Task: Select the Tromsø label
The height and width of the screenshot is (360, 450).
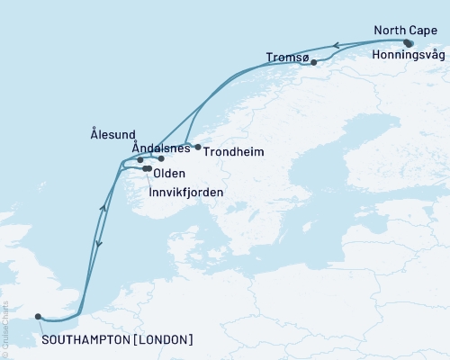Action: click(x=288, y=58)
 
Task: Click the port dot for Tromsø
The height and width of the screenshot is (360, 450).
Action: click(x=313, y=62)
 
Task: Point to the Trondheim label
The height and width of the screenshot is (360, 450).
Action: click(x=233, y=152)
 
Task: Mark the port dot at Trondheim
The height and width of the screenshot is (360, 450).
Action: click(x=198, y=147)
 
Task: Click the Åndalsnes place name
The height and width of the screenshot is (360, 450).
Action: click(x=160, y=147)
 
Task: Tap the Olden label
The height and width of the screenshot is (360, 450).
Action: click(x=170, y=173)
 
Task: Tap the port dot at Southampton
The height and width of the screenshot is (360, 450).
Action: click(x=38, y=316)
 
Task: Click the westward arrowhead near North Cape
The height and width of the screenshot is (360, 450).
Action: click(x=336, y=44)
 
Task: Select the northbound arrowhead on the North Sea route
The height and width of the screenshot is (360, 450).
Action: click(x=104, y=208)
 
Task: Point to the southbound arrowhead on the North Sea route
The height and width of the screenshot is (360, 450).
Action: click(x=98, y=240)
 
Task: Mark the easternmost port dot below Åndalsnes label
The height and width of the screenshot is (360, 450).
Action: click(x=162, y=159)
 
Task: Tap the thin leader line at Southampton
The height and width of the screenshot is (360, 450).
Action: click(x=41, y=325)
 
